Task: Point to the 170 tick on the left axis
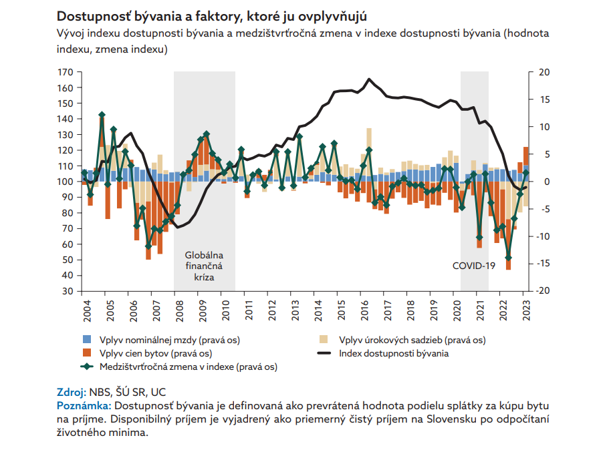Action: coord(66,72)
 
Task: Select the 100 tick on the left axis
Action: coord(66,182)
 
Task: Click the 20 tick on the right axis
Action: coord(543,72)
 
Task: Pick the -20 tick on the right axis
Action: coord(544,291)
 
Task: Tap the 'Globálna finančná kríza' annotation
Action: coord(204,266)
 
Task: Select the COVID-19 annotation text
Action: coord(473,265)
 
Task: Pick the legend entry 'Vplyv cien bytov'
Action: coord(155,353)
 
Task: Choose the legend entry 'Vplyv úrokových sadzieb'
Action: coord(412,340)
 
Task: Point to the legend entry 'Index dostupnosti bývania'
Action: coord(393,353)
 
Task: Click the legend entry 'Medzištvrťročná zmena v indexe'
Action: coord(188,367)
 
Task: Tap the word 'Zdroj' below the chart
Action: coord(70,391)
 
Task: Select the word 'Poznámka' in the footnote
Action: coord(84,405)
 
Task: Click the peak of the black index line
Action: coord(369,79)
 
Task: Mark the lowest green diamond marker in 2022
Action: coord(508,257)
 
